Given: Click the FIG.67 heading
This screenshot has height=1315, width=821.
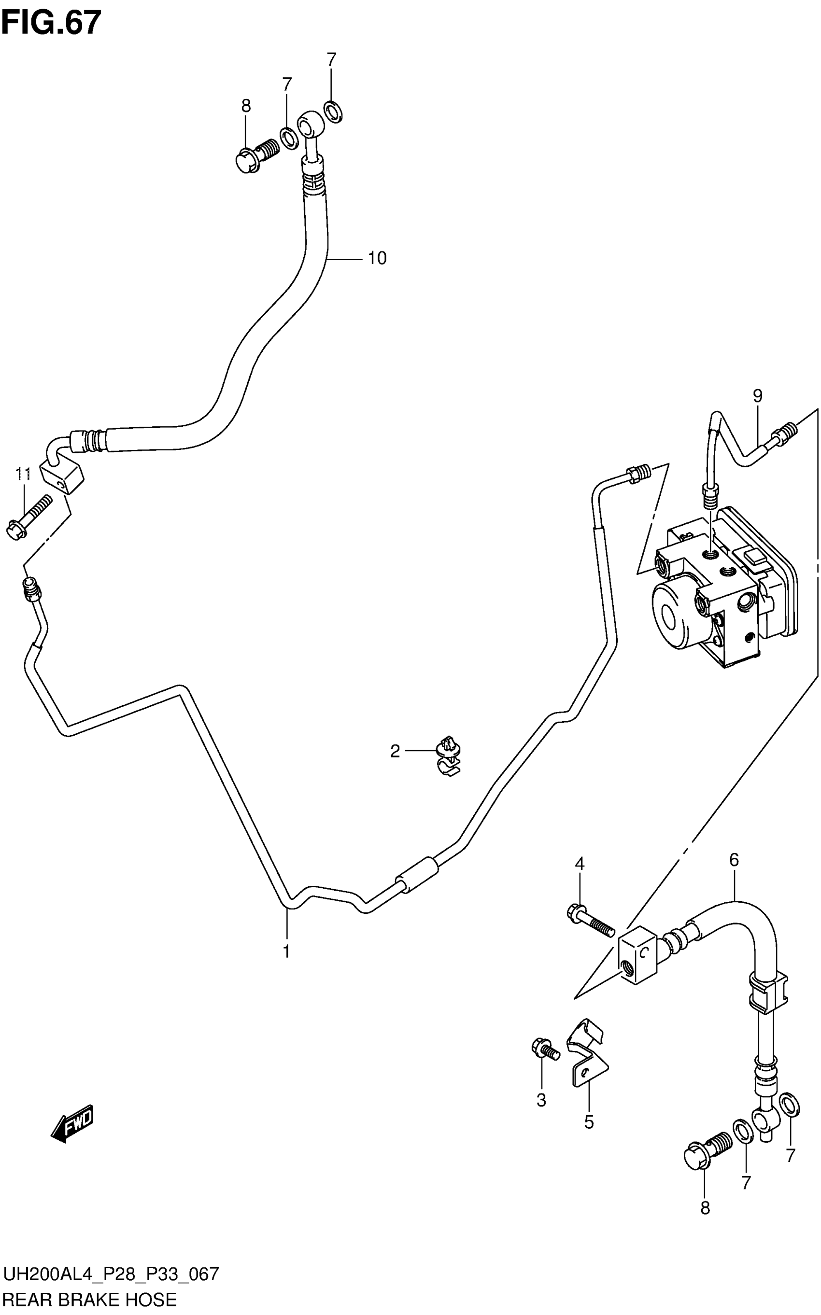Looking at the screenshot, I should click(51, 23).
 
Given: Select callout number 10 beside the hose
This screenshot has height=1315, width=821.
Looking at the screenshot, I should click(377, 258).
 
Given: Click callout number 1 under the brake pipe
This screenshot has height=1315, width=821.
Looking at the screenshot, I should click(286, 951).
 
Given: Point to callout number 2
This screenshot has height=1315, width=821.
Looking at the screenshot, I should click(395, 751).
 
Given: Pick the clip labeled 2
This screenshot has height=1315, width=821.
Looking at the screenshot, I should click(449, 756).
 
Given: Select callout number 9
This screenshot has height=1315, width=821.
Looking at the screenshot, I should click(757, 396).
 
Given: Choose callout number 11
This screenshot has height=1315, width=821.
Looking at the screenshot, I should click(23, 474).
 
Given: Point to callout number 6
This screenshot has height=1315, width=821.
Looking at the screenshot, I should click(734, 860).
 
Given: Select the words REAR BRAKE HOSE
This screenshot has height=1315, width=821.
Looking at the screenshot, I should click(90, 1300).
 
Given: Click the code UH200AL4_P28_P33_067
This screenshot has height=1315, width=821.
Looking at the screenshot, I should click(111, 1273).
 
